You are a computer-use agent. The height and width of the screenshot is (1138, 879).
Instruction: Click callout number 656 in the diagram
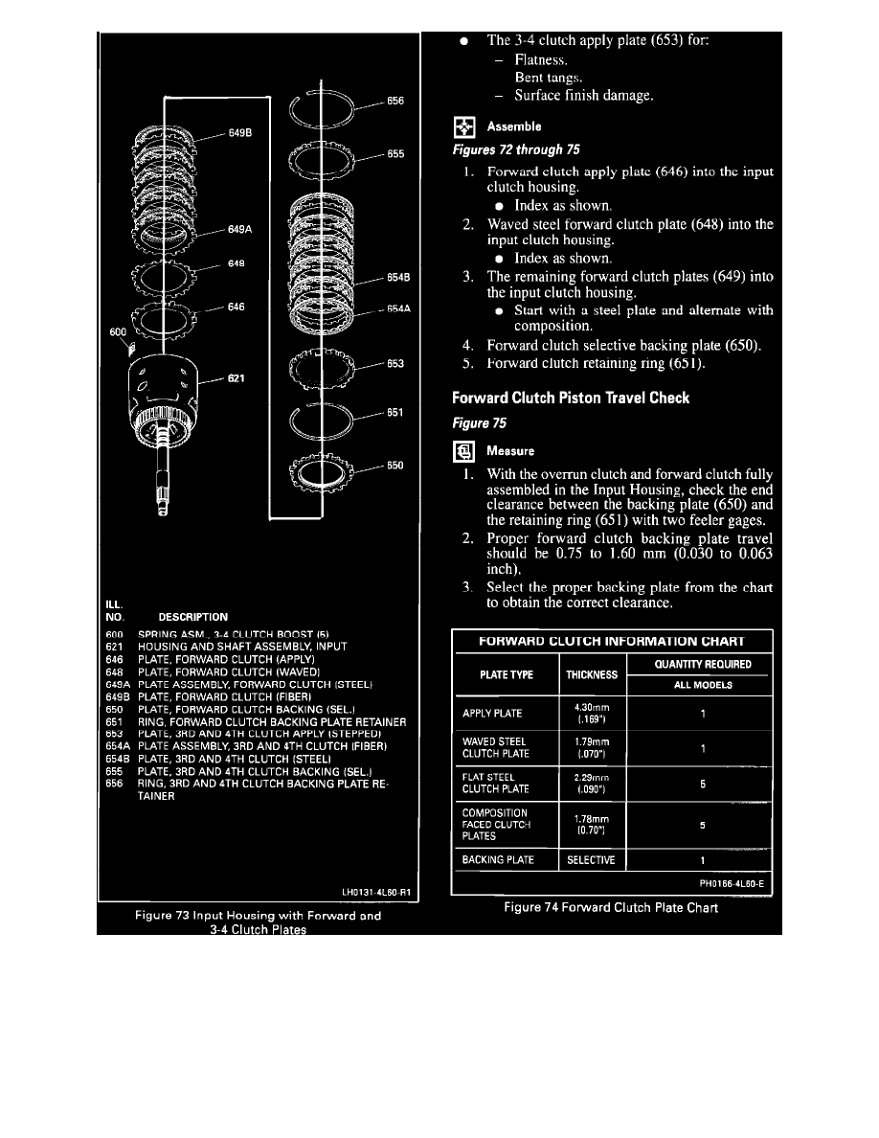(x=395, y=101)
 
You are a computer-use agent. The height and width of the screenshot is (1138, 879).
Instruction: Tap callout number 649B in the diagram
(x=240, y=134)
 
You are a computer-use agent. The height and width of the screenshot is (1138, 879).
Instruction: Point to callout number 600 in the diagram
(x=117, y=332)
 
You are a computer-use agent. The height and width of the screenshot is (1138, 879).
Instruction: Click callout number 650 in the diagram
(x=395, y=467)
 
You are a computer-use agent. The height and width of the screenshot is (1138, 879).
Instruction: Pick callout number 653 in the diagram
(x=395, y=364)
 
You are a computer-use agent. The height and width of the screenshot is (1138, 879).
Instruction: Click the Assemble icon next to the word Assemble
(x=464, y=126)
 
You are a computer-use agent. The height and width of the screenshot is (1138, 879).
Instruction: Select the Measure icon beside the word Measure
(x=464, y=450)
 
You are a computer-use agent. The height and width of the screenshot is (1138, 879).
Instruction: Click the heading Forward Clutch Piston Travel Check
(x=571, y=398)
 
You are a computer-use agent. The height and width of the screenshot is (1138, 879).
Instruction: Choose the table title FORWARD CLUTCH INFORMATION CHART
(x=612, y=640)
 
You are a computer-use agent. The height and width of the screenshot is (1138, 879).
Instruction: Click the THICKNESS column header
(x=592, y=674)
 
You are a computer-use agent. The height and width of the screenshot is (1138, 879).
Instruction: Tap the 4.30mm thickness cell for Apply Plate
(x=592, y=714)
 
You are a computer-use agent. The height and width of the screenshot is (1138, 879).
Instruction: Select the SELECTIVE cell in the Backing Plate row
(x=592, y=860)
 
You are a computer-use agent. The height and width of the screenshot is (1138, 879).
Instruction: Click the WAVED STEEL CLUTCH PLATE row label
(x=495, y=747)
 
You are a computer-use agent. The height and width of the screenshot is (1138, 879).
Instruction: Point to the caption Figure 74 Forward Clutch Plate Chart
(x=612, y=908)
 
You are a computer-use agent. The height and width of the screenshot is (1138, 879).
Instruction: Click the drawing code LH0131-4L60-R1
(x=375, y=893)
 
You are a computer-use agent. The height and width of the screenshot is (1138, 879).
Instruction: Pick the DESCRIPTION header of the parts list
(x=192, y=617)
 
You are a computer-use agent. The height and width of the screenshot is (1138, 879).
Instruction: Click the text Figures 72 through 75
(x=514, y=150)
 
